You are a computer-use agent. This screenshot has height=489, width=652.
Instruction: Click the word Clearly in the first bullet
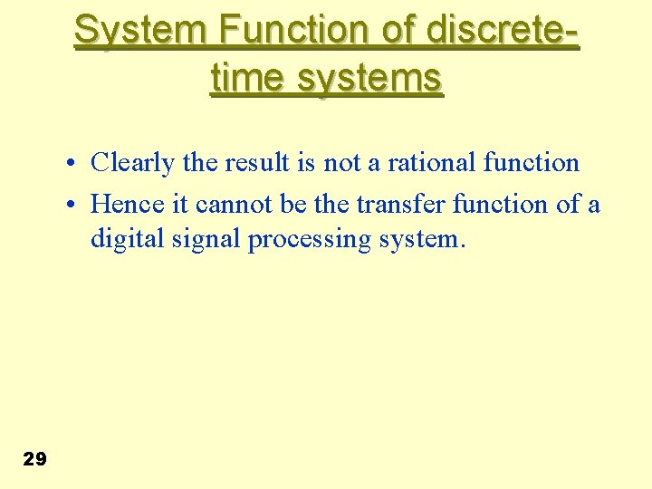(134, 163)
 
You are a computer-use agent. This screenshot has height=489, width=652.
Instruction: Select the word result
(258, 163)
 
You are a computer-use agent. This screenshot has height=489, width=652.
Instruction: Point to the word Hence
(126, 205)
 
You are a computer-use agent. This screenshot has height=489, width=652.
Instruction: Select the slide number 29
(34, 459)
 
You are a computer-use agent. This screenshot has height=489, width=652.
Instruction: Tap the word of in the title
(395, 30)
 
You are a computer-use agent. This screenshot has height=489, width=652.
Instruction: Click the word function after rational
(532, 163)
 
